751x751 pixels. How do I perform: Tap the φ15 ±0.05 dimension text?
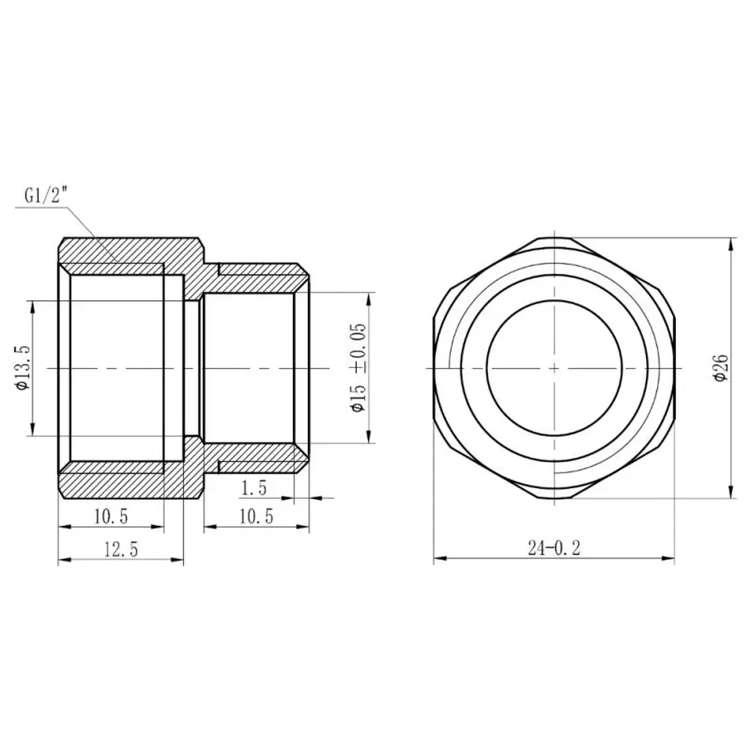pyautogui.click(x=358, y=367)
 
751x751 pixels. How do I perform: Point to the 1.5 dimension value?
pyautogui.click(x=253, y=488)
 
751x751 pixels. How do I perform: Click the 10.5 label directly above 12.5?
pyautogui.click(x=111, y=517)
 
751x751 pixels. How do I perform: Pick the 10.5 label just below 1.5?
pyautogui.click(x=256, y=517)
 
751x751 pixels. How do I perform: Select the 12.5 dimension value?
pyautogui.click(x=121, y=549)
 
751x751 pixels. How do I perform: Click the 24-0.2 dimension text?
pyautogui.click(x=554, y=548)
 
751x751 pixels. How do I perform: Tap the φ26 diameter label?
pyautogui.click(x=720, y=368)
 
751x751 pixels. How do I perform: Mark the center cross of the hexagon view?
pyautogui.click(x=554, y=368)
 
